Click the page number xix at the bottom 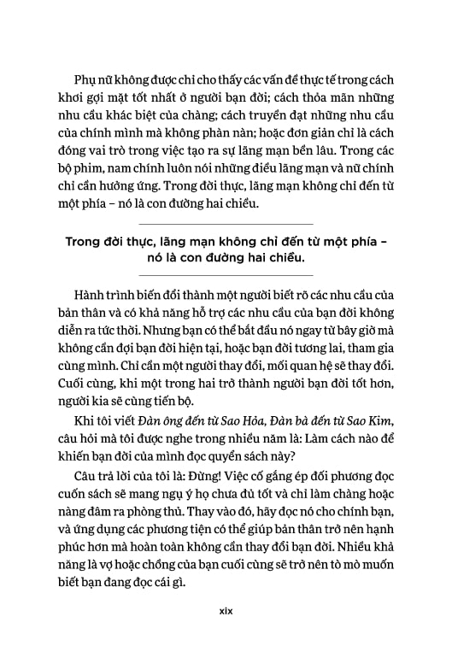226,611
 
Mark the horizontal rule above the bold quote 226,223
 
